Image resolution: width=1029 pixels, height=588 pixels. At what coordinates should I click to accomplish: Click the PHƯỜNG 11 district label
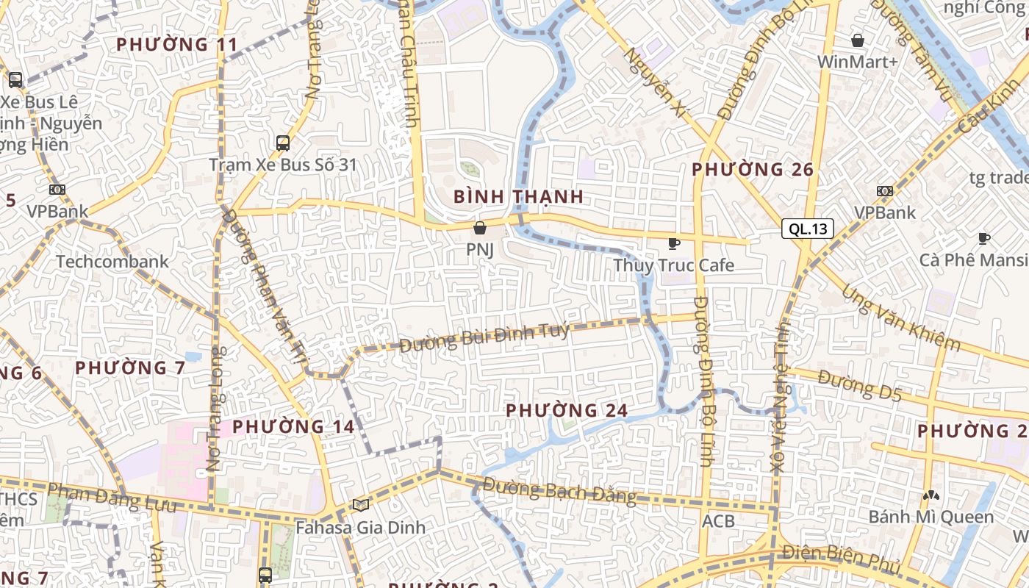point(177,45)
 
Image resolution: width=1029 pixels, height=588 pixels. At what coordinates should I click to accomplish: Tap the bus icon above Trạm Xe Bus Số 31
point(283,143)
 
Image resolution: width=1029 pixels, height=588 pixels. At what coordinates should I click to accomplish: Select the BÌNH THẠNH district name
point(519,197)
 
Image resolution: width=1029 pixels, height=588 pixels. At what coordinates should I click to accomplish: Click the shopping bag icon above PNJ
point(480,228)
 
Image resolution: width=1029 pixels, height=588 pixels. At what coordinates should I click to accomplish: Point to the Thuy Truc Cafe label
point(673,265)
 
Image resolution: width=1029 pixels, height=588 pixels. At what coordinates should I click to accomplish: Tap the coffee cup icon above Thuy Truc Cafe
point(673,243)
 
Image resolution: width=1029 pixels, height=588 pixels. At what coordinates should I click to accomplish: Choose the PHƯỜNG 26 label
point(753,170)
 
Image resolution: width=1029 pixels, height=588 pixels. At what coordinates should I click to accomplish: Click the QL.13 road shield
point(808,229)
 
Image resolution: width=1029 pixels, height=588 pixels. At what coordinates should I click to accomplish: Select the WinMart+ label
point(858,62)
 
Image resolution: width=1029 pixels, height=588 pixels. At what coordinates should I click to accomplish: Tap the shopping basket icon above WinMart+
point(857,40)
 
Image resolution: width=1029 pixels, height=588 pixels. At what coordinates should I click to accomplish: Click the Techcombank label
point(112,261)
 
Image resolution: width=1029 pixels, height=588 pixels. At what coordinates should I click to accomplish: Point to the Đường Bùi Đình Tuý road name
point(485,337)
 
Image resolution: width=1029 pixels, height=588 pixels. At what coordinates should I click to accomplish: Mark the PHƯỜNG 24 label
point(567,410)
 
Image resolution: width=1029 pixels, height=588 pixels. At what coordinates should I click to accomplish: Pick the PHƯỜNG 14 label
point(293,426)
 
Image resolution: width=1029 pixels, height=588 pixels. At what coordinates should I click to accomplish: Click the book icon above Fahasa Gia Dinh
point(360,505)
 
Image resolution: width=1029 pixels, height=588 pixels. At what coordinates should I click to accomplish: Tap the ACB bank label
point(718,520)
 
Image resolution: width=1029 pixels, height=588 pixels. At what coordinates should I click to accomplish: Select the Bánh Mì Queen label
point(931,517)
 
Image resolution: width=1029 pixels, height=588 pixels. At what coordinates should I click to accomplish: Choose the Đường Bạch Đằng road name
point(560,491)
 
